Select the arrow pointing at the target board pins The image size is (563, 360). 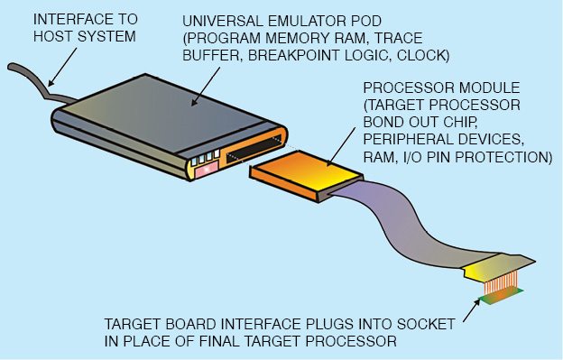[x=472, y=311]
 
